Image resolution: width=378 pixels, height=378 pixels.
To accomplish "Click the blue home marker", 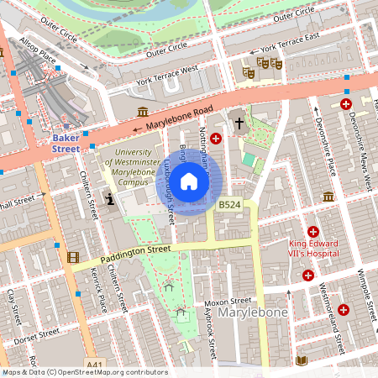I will tap(189, 181).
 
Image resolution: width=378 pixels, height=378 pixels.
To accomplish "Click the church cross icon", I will tap(239, 123).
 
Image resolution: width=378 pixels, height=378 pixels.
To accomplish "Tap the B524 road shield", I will tap(228, 204).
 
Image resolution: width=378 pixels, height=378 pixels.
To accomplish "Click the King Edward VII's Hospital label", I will tap(311, 247).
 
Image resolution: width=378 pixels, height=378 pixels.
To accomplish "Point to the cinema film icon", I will tap(74, 256).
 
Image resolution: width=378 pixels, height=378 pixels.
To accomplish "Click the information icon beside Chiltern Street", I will tap(110, 199).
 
